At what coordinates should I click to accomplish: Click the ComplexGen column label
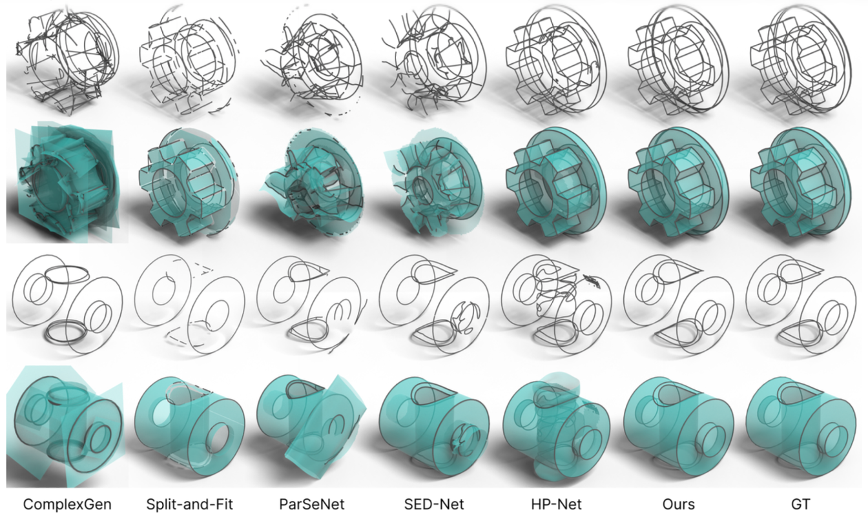click(x=67, y=504)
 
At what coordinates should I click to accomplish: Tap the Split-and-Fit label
click(x=189, y=504)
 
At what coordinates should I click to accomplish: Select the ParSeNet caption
click(x=311, y=504)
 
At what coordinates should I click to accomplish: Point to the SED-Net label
click(x=434, y=504)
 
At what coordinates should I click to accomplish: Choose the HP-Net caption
click(x=556, y=504)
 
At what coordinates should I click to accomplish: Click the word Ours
click(x=679, y=504)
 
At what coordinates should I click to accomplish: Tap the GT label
click(x=801, y=504)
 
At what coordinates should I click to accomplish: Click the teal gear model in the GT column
click(x=801, y=181)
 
